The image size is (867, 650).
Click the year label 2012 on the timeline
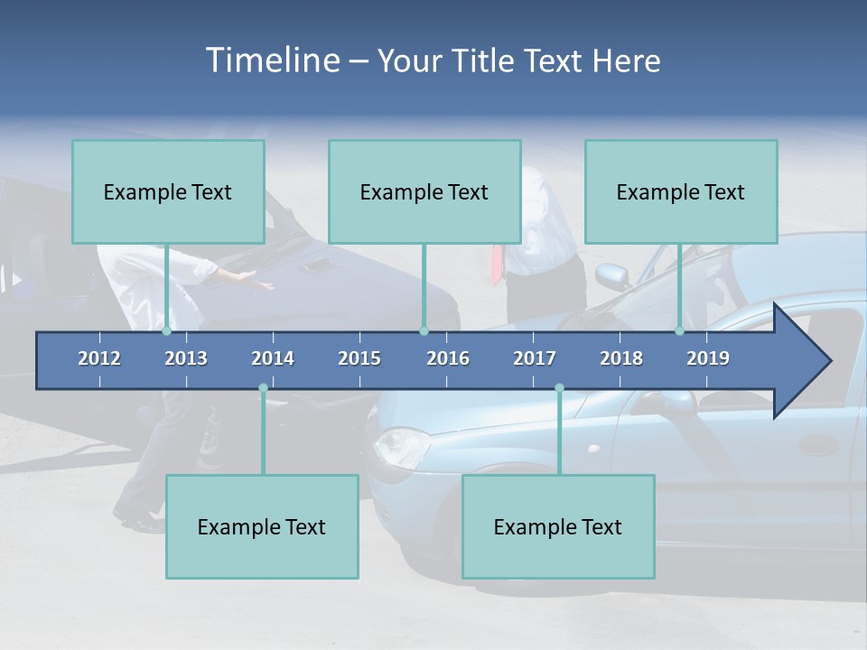point(99,358)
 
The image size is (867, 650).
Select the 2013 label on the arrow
point(186,358)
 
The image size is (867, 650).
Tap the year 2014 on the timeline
point(273,358)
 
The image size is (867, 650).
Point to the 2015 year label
point(359,358)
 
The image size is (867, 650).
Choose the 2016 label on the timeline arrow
point(448,358)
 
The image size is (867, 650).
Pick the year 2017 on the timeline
point(535,358)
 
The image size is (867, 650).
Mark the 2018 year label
point(621,358)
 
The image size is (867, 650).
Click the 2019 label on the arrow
point(708,358)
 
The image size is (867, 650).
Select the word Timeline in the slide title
point(272,60)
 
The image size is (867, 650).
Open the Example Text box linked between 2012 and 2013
point(168,191)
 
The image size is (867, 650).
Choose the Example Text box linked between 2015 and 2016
point(424,191)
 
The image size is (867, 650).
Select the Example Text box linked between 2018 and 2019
point(681,191)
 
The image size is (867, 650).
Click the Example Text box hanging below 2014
point(262,526)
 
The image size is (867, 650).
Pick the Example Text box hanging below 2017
point(558,526)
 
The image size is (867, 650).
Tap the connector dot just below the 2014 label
point(263,388)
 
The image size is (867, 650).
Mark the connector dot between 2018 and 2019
point(680,331)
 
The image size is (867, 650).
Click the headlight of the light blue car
point(401,443)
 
